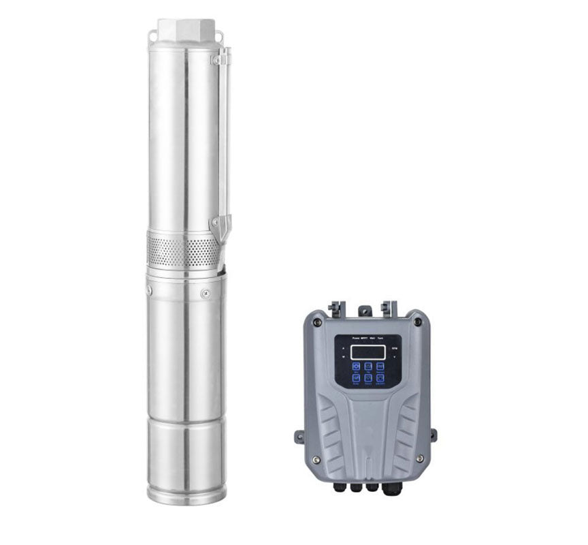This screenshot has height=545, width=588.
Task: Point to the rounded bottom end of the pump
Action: tap(186, 494)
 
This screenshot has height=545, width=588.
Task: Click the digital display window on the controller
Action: tap(368, 352)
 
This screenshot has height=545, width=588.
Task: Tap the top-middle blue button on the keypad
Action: tap(368, 367)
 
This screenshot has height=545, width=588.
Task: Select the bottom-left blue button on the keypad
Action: tap(356, 378)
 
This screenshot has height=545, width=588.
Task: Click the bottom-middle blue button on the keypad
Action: tap(368, 378)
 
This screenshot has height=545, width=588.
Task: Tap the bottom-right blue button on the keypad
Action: tap(380, 378)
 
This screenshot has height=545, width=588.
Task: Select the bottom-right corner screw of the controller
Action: tap(419, 458)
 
